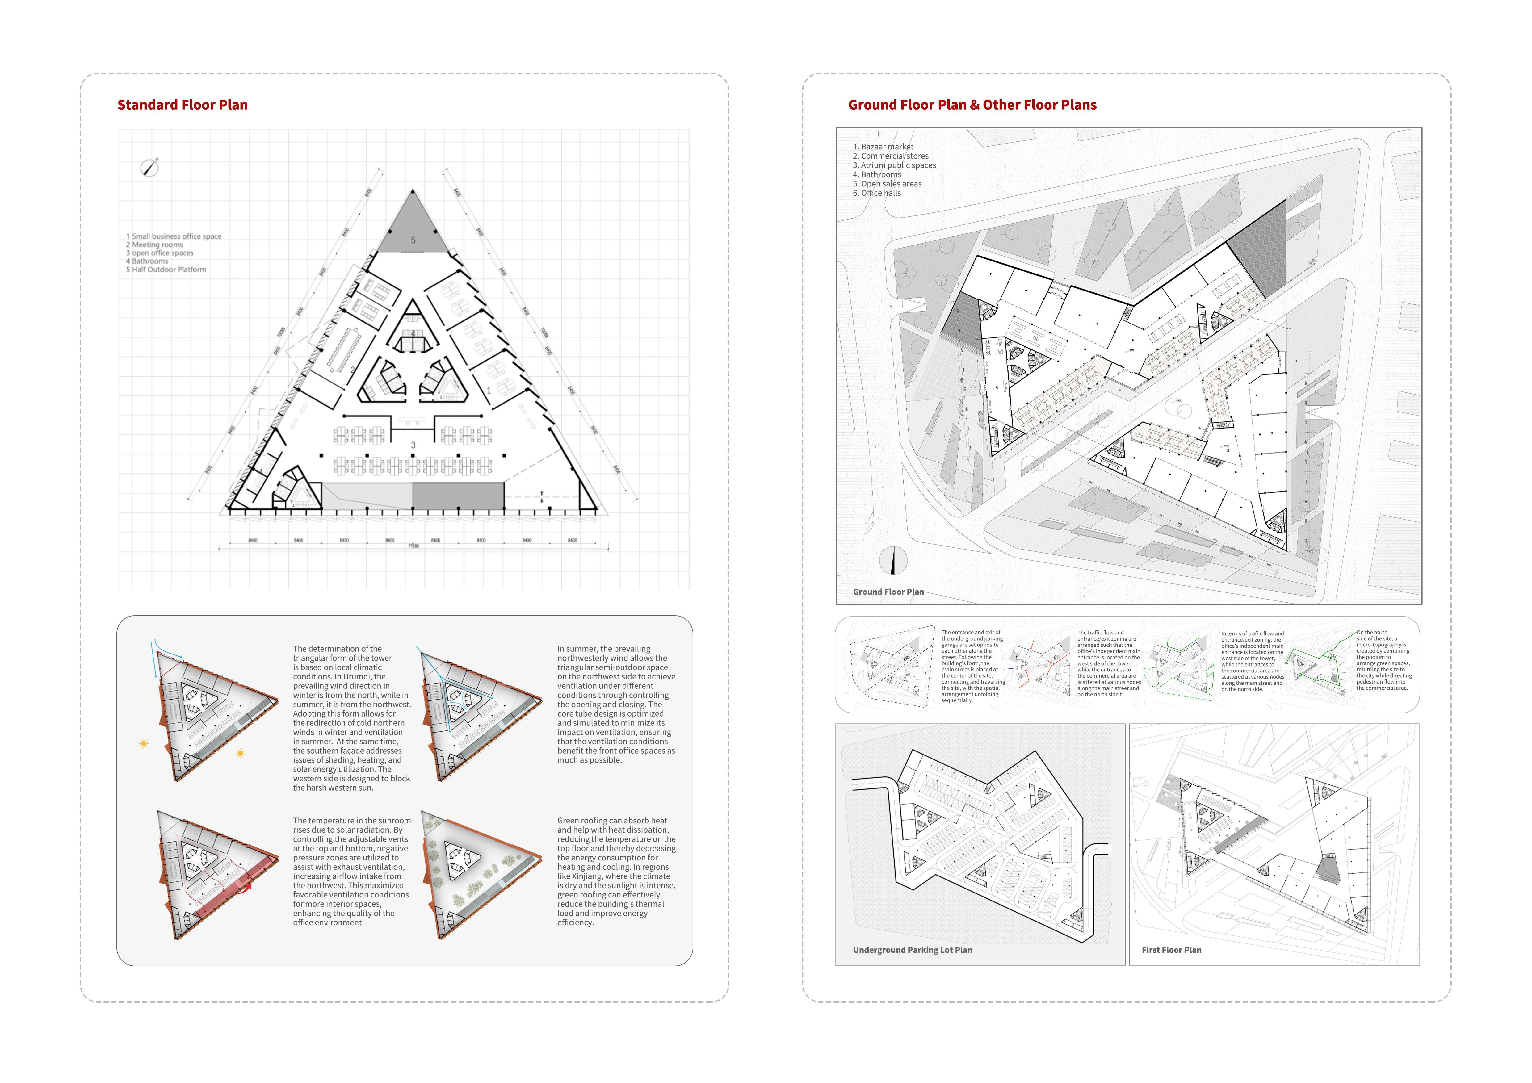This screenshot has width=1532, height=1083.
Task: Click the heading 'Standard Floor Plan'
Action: [x=182, y=105]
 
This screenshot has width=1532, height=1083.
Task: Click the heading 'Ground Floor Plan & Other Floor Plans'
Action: [x=972, y=105]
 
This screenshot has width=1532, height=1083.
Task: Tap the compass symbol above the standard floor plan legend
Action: [x=149, y=167]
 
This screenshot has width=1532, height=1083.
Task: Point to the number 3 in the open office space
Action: [x=413, y=445]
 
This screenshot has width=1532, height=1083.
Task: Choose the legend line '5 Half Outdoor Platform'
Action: [x=166, y=270]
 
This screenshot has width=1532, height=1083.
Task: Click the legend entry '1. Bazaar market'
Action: [x=883, y=147]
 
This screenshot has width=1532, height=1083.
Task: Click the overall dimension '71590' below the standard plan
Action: [x=414, y=546]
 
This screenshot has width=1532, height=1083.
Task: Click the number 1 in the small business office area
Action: [x=489, y=391]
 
